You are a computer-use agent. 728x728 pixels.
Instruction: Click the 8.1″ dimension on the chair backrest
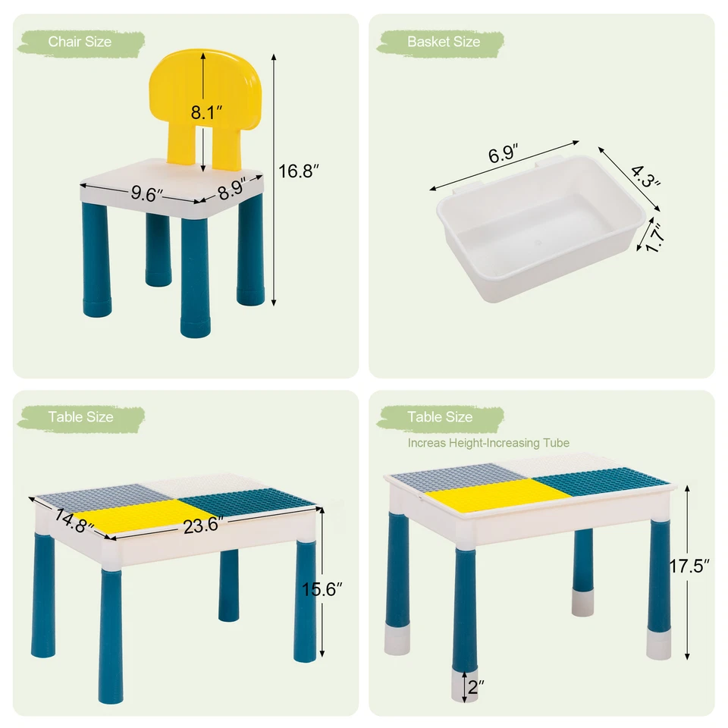[206, 113]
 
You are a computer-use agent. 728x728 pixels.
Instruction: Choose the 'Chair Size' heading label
[80, 42]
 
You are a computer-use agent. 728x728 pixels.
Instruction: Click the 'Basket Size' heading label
[443, 42]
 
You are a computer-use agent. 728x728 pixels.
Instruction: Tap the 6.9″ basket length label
[502, 155]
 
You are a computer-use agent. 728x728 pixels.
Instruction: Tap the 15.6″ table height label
[328, 588]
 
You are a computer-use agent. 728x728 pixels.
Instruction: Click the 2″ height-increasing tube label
[475, 687]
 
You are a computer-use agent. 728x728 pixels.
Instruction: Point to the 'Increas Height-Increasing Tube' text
[488, 443]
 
